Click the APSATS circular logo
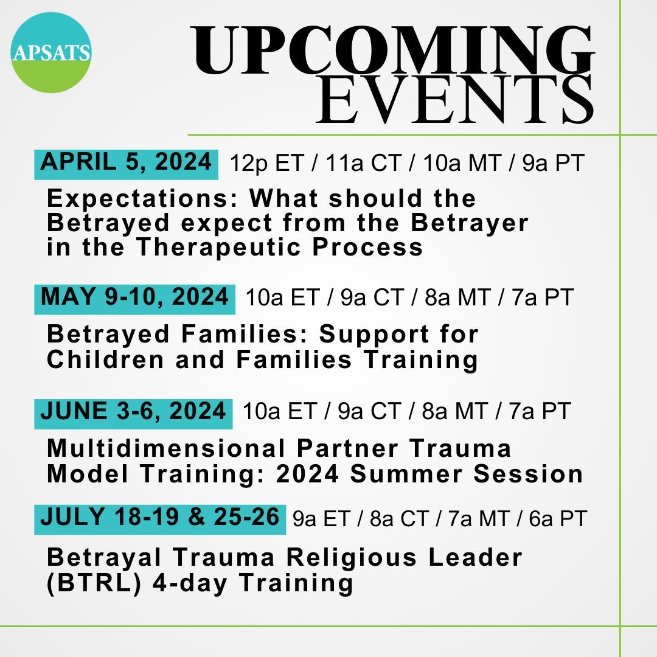(x=51, y=52)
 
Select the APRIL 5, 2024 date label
(x=127, y=162)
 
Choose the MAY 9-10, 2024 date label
(x=134, y=297)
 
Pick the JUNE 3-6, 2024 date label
(x=133, y=411)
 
